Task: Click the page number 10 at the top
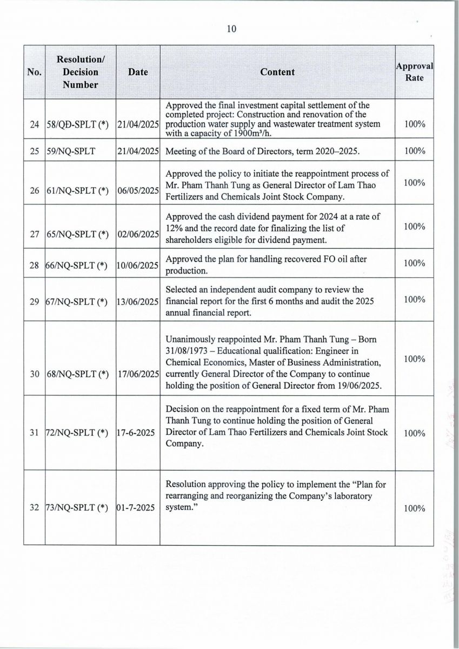tap(231, 29)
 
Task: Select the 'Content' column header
tap(277, 72)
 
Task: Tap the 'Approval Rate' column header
tap(415, 72)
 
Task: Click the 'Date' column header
tap(138, 72)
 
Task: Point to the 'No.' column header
tap(34, 72)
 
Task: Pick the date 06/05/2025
tap(138, 191)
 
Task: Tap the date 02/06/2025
tap(138, 234)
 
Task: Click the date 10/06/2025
tap(138, 266)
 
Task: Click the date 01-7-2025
tap(136, 508)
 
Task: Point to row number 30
tap(34, 374)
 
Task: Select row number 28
tap(34, 266)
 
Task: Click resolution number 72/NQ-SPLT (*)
tap(77, 434)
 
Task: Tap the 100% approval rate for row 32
tap(415, 508)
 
